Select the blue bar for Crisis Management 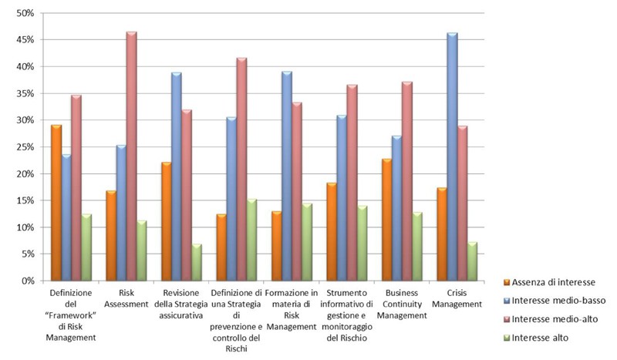coord(452,157)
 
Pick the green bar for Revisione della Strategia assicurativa coord(197,262)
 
